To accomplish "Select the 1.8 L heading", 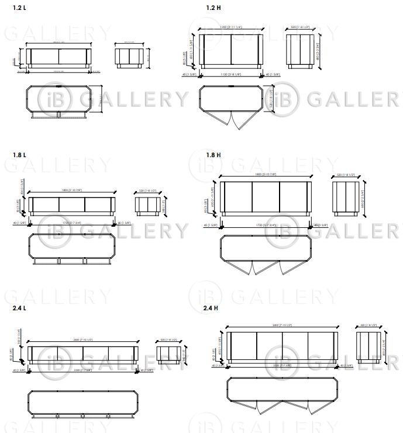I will point(19,155).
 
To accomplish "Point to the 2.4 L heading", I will point(19,307).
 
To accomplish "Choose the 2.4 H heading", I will point(211,307).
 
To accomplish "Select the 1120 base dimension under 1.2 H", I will point(230,74).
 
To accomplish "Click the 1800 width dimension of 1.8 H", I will point(265,174).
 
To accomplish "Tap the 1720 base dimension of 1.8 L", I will point(73,223).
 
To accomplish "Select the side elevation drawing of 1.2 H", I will point(301,51).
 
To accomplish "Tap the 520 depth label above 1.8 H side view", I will point(345,174).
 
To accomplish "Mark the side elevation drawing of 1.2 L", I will point(128,57).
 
